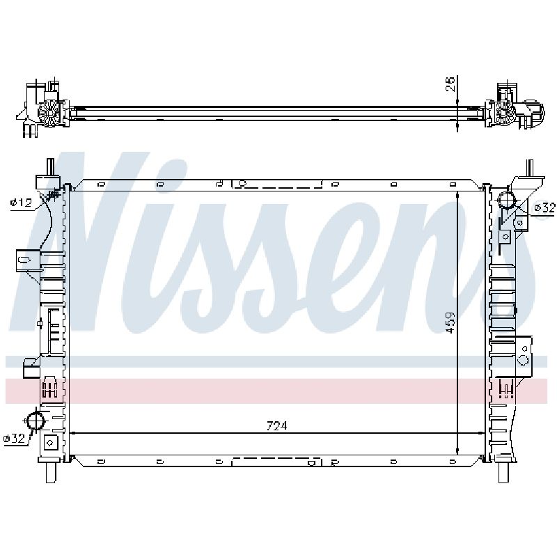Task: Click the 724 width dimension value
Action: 276,425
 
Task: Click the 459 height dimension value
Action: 450,322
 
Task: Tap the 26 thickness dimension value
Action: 450,84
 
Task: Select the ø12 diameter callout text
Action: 22,203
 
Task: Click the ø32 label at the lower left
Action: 14,439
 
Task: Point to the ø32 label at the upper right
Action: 544,207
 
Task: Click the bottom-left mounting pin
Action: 51,473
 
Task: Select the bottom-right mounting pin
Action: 503,473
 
